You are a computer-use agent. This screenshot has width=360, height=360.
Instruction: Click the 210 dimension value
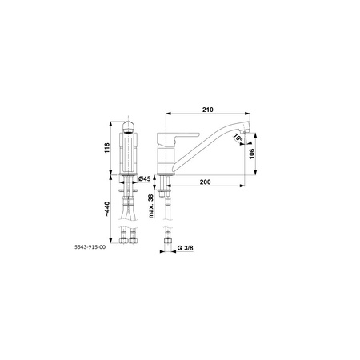click(208, 110)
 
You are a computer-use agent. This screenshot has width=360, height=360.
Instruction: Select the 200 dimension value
click(205, 182)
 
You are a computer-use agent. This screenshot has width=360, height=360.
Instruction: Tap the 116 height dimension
click(107, 148)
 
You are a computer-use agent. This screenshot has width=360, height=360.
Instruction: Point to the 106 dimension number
click(251, 154)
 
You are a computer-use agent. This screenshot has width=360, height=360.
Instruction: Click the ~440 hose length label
click(106, 209)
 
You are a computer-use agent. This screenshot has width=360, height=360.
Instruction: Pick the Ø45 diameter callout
click(145, 179)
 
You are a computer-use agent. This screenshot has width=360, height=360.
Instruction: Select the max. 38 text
click(151, 206)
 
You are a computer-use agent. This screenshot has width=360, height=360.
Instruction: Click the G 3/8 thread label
click(186, 248)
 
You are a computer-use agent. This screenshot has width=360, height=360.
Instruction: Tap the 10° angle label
click(238, 138)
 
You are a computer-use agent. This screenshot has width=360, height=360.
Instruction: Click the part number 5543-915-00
click(90, 247)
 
